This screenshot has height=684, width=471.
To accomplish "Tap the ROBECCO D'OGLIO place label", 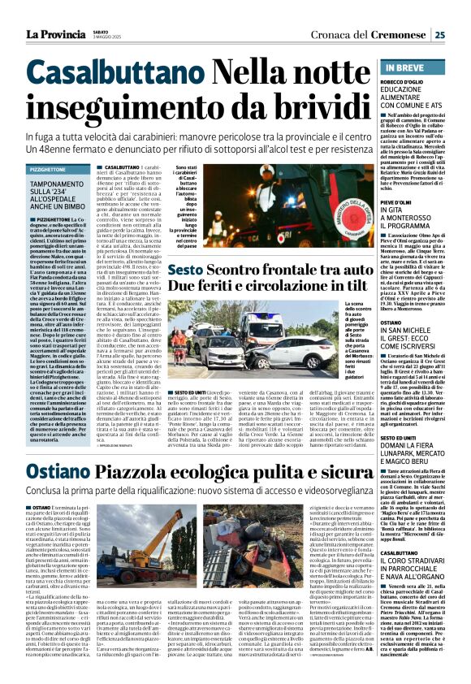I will pyautogui.click(x=400, y=83).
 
